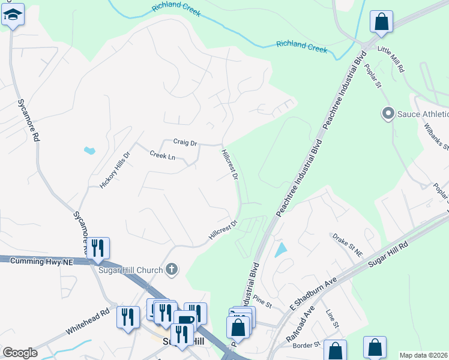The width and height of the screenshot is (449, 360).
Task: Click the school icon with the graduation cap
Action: click(13, 15)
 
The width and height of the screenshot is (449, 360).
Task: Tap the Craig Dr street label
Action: click(185, 142)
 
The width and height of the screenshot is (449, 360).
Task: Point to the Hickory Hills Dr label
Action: click(115, 170)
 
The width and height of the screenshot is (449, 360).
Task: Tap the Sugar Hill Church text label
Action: click(130, 269)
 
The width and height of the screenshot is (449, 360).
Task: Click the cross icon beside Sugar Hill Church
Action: click(172, 269)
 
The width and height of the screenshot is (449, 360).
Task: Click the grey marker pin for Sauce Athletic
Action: click(388, 113)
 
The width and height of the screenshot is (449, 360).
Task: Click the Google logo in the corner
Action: click(20, 353)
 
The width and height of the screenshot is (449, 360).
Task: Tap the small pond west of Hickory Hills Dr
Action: click(89, 150)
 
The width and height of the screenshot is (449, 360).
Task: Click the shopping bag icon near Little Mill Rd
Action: click(381, 23)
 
